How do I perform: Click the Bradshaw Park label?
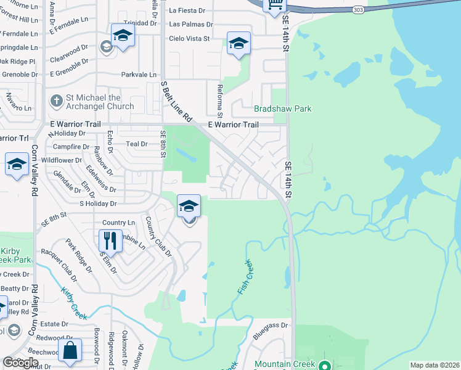click(x=282, y=109)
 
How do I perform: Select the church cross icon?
click(x=56, y=101)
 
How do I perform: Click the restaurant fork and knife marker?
click(x=110, y=240)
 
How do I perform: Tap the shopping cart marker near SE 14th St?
click(x=274, y=5)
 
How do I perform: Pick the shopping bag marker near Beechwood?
click(x=71, y=350)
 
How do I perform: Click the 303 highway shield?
click(x=358, y=10)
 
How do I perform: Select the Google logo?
click(x=20, y=363)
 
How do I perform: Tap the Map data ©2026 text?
click(x=434, y=365)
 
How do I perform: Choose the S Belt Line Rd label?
click(x=177, y=101)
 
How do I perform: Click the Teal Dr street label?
click(x=137, y=144)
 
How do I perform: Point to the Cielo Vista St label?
click(x=189, y=38)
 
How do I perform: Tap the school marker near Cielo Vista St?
click(x=239, y=43)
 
